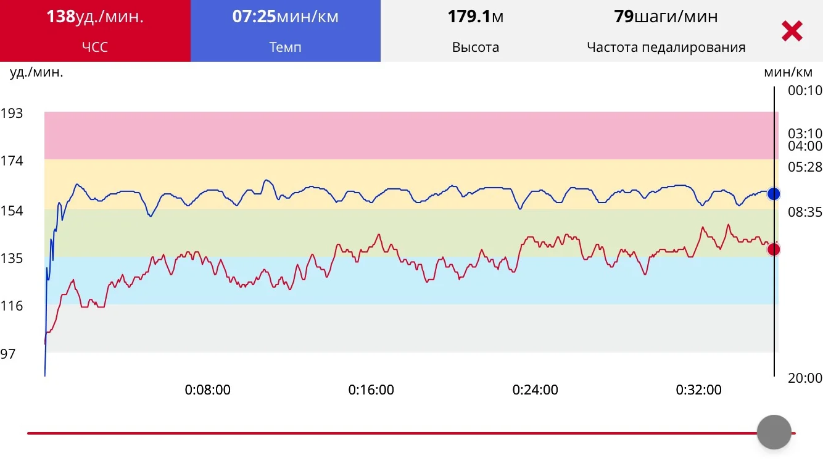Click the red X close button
pos(792,31)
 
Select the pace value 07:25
pos(254,17)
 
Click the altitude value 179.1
pos(468,17)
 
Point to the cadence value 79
pos(624,17)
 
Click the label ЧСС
pos(95,47)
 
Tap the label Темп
pos(285,47)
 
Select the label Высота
pos(476,47)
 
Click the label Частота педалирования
pos(666,47)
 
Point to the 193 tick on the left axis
pos(12,114)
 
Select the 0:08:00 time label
pos(208,390)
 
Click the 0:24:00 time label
pos(535,390)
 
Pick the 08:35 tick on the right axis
pos(805,212)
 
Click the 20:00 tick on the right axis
pos(805,378)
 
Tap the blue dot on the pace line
pos(774,194)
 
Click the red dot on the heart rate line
pos(774,249)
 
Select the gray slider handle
pos(774,432)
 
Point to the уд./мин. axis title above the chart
pos(36,72)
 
